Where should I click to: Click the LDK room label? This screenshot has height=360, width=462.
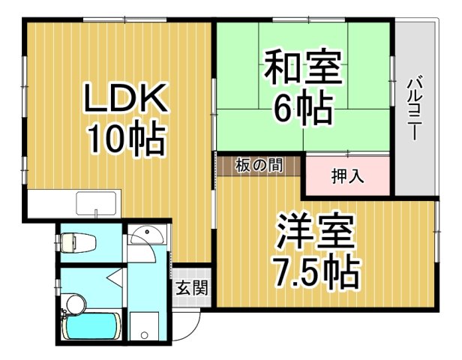[x=125, y=97]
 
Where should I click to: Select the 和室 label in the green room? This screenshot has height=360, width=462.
[x=304, y=67]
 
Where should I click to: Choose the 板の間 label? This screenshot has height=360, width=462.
[x=259, y=166]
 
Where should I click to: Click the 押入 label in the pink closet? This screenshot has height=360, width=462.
[x=348, y=177]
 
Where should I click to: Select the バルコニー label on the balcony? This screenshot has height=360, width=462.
[x=415, y=108]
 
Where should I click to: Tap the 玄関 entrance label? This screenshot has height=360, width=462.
[x=192, y=287]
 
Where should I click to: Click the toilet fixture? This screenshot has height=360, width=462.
[x=77, y=242]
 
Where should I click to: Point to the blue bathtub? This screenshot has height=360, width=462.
[x=92, y=326]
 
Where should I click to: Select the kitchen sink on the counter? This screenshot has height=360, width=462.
[x=96, y=203]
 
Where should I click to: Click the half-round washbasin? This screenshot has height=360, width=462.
[x=147, y=235]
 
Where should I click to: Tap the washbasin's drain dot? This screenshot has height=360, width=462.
[x=147, y=232]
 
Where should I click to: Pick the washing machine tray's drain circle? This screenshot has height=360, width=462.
[x=144, y=335]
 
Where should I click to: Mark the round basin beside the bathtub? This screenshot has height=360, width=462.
[x=76, y=304]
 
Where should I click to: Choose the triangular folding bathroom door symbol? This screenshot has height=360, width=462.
[x=115, y=276]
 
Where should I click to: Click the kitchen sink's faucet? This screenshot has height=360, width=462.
[x=96, y=213]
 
